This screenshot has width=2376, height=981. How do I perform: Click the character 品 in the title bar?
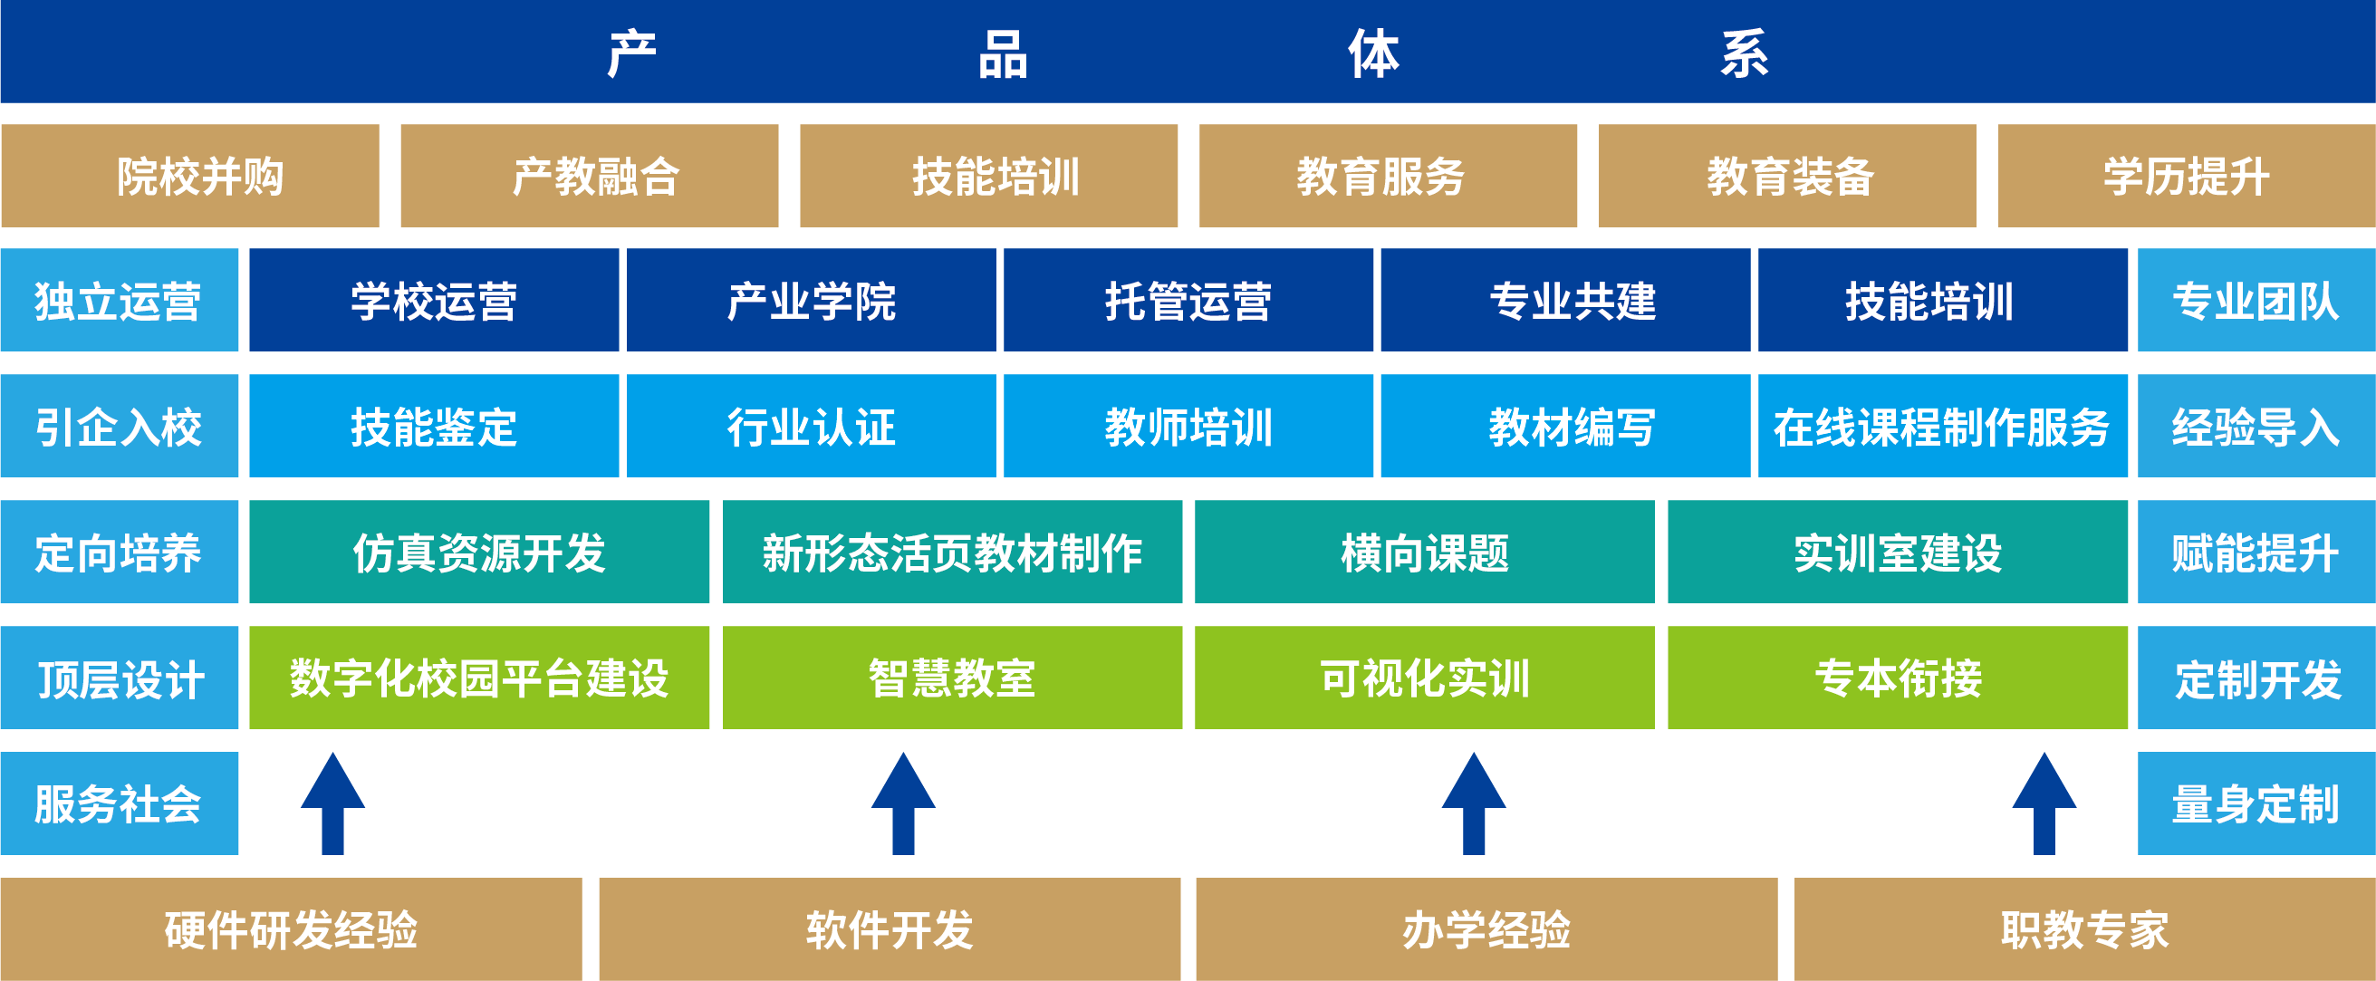pyautogui.click(x=1003, y=53)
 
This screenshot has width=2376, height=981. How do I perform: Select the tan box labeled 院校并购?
pyautogui.click(x=190, y=175)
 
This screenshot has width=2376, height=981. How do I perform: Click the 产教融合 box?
pyautogui.click(x=590, y=175)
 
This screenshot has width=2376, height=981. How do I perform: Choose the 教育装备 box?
pyautogui.click(x=1787, y=175)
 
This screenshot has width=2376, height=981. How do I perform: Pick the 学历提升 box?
pyautogui.click(x=2186, y=175)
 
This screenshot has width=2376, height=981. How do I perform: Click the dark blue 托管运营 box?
pyautogui.click(x=1188, y=300)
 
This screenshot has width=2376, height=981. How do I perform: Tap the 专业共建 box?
pyautogui.click(x=1565, y=300)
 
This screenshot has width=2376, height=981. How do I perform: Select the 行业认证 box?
pyautogui.click(x=811, y=426)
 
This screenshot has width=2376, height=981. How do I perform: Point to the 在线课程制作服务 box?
pyautogui.click(x=1942, y=426)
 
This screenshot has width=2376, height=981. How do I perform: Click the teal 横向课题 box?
pyautogui.click(x=1424, y=552)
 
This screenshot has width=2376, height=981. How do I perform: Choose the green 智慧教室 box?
pyautogui.click(x=952, y=678)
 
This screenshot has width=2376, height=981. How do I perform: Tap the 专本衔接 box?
pyautogui.click(x=1898, y=678)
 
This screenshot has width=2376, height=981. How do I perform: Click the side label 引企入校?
pyautogui.click(x=119, y=426)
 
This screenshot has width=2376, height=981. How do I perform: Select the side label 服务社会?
pyautogui.click(x=119, y=803)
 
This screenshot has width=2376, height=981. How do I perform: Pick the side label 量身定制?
pyautogui.click(x=2256, y=803)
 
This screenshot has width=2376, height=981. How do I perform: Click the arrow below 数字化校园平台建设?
pyautogui.click(x=333, y=803)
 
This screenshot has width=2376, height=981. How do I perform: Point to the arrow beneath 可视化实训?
pyautogui.click(x=1474, y=803)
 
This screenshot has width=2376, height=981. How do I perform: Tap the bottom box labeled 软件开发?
pyautogui.click(x=890, y=928)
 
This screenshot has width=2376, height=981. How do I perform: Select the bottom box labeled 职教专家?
pyautogui.click(x=2084, y=928)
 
